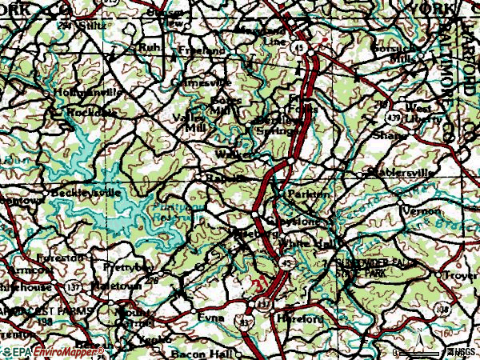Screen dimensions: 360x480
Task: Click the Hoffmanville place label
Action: tap(88, 93)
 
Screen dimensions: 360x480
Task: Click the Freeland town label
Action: tap(203, 50)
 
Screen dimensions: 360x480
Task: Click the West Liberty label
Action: tap(423, 112)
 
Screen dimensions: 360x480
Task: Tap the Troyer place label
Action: tap(462, 274)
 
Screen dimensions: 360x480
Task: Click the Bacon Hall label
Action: tap(198, 353)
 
